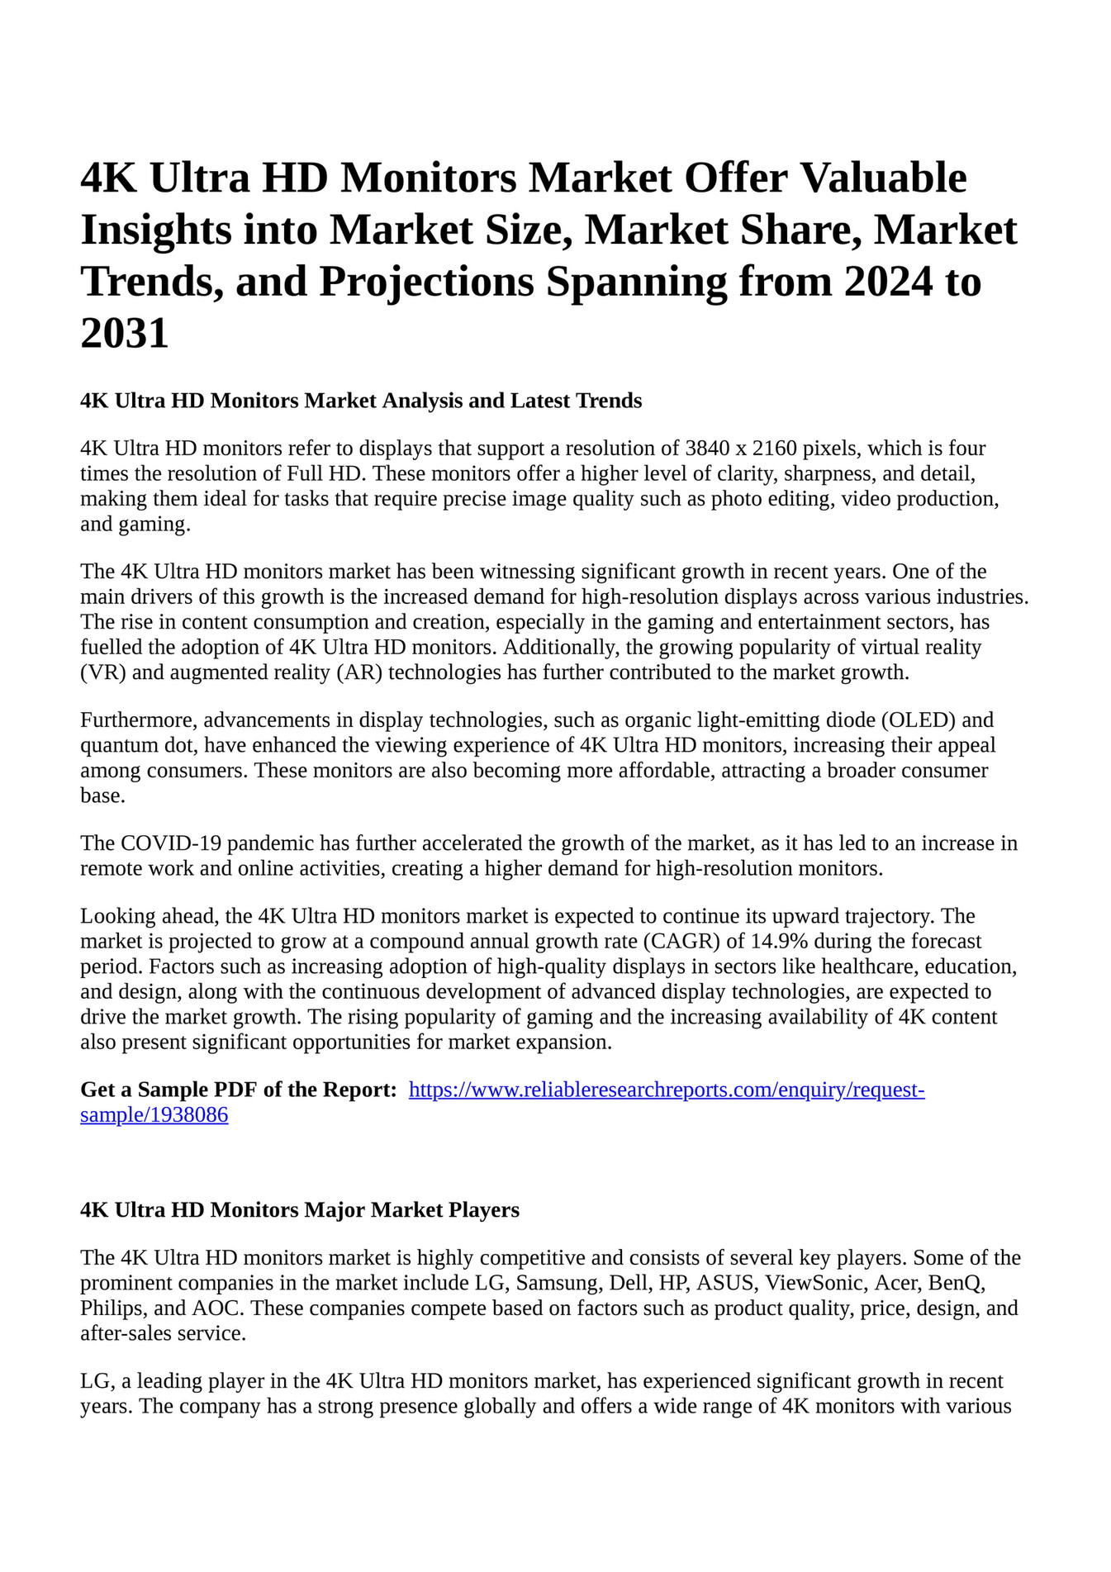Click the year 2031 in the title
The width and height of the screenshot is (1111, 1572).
[x=125, y=334]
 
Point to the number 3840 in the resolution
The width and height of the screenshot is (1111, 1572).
[x=707, y=449]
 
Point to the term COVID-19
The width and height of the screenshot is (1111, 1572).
[x=170, y=843]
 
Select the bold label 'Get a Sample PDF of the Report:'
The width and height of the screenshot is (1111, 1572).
[x=239, y=1090]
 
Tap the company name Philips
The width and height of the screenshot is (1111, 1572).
[x=112, y=1308]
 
